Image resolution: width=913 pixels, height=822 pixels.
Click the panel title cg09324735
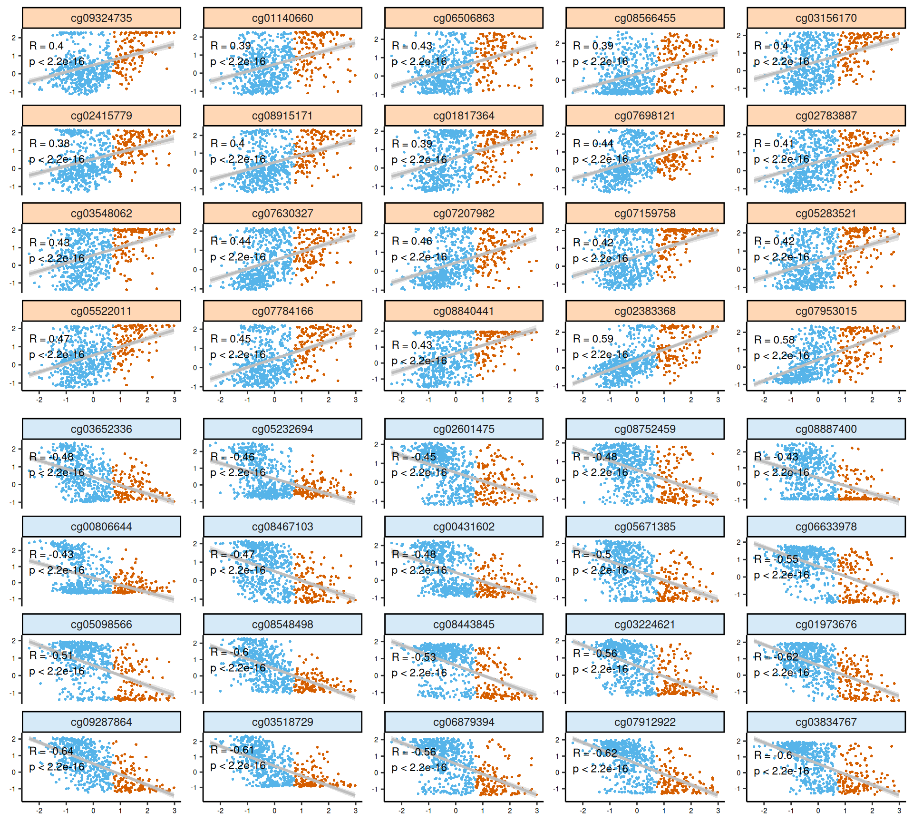click(101, 18)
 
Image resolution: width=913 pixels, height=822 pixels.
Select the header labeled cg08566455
click(645, 18)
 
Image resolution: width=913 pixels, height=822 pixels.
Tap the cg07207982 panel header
click(464, 214)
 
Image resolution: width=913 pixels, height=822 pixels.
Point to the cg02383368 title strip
click(645, 311)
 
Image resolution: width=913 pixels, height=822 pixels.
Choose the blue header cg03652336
click(101, 429)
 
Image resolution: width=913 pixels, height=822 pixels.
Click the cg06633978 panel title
click(826, 527)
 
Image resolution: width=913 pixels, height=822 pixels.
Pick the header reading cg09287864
click(101, 722)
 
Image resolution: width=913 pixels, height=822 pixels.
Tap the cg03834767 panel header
click(826, 722)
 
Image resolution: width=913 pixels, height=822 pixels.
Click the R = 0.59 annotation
click(593, 339)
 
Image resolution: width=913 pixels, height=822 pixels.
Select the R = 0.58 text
click(774, 340)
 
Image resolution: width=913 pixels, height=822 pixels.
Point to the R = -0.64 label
click(51, 751)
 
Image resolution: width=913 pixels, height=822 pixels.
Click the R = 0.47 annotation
click(49, 339)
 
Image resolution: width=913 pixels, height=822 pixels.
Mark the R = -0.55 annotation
click(776, 559)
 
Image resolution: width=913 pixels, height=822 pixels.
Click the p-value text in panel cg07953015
click(781, 356)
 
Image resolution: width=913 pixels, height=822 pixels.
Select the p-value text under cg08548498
click(238, 668)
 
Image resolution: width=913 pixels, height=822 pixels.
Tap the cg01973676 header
click(826, 625)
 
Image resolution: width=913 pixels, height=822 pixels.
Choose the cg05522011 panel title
click(101, 311)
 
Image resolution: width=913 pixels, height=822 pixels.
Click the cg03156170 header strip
click(826, 18)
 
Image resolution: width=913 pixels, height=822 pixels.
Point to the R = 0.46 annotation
click(412, 241)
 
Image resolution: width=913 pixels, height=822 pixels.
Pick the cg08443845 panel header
click(464, 625)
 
